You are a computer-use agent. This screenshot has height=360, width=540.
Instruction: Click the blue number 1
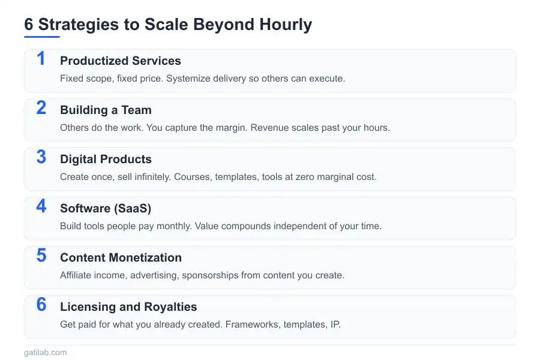[x=41, y=59]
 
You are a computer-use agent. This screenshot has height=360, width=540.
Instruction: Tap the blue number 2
[x=41, y=108]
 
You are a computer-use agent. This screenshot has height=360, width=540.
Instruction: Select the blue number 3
[x=41, y=157]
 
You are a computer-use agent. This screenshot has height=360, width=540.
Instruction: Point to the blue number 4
[x=41, y=206]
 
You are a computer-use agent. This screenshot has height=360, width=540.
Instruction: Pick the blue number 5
[x=41, y=256]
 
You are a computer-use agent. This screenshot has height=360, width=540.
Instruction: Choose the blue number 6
[x=41, y=305]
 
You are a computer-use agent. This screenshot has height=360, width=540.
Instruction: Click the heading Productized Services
[x=121, y=61]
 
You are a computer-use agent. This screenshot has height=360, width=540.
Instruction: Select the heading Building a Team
[x=106, y=110]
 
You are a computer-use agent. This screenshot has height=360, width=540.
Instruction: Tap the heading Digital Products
[x=106, y=159]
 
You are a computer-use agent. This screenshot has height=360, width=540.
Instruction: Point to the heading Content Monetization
[x=121, y=257]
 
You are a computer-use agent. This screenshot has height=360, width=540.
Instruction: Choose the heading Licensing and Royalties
[x=128, y=307]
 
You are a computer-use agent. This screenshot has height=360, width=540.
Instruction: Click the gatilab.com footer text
[x=46, y=353]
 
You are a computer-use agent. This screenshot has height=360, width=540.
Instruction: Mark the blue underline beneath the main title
[x=42, y=37]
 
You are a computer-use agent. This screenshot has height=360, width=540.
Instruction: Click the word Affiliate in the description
[x=77, y=275]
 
